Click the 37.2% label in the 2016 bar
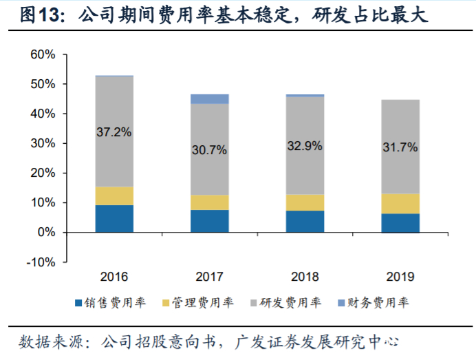click(x=114, y=132)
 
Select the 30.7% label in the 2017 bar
click(x=210, y=151)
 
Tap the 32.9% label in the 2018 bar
click(x=305, y=145)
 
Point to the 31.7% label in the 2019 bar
click(x=400, y=148)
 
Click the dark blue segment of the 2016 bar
click(x=114, y=218)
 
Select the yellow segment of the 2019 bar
click(x=400, y=203)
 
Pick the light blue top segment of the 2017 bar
click(x=210, y=99)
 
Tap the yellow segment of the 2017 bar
click(x=210, y=202)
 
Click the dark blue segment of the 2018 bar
click(x=305, y=221)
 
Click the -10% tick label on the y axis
click(x=43, y=262)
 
